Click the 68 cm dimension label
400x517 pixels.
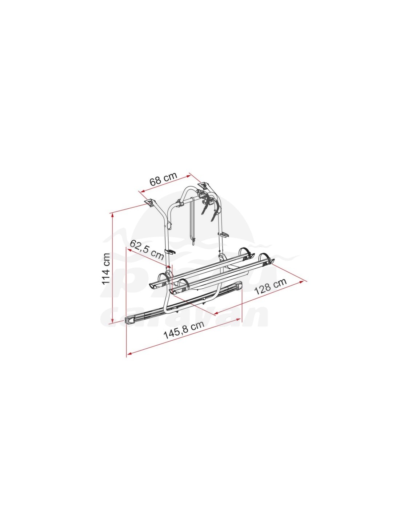[163, 179]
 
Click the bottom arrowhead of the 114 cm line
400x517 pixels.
[112, 321]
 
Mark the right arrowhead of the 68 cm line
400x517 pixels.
[189, 176]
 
